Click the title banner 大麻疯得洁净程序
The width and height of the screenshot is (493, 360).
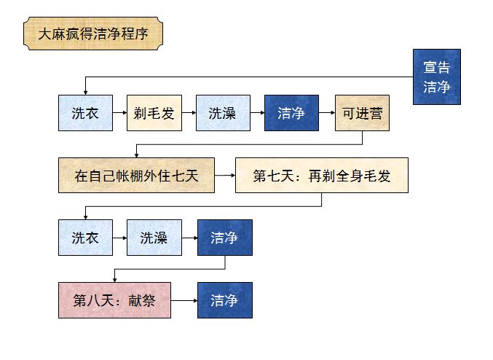point(92,34)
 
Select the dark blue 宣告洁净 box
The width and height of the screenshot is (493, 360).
point(436,77)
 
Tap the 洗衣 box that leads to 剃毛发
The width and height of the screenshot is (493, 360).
point(85,113)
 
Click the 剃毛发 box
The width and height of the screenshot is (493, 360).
point(154,113)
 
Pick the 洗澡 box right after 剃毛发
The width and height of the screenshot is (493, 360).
point(223,113)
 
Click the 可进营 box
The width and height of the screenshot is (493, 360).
point(362,113)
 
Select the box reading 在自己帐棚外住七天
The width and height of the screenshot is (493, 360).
point(136,175)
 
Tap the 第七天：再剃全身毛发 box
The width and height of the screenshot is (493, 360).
point(321,175)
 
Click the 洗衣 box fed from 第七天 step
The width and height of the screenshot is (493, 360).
point(85,238)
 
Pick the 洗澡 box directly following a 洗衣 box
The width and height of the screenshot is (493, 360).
point(154,238)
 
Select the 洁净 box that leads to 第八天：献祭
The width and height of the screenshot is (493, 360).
point(224,238)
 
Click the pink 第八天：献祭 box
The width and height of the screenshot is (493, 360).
point(114,300)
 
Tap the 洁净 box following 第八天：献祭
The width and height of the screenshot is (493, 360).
point(224,300)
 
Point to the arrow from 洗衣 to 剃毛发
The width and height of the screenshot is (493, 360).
point(119,113)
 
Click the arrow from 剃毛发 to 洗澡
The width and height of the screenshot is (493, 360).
point(188,113)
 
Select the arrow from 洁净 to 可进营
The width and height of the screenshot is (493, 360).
point(327,113)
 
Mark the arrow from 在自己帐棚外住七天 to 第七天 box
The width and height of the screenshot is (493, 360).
point(225,175)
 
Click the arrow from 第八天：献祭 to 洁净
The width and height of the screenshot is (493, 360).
point(184,300)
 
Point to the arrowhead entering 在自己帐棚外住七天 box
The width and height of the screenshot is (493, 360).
point(136,154)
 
